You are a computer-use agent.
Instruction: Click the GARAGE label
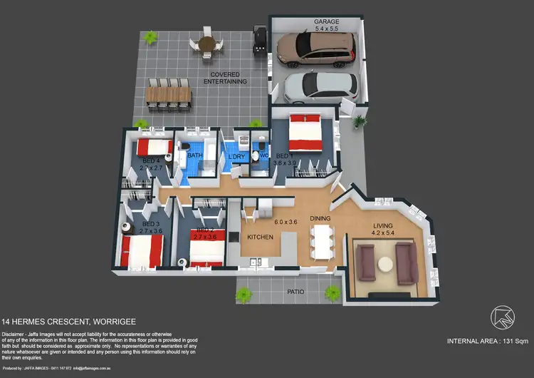coord(326,22)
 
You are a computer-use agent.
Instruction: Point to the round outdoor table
coord(206,43)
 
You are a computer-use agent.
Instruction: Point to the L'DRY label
coord(235,157)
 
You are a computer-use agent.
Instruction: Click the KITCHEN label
coord(260,236)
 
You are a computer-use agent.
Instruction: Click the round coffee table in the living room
coord(386,263)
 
